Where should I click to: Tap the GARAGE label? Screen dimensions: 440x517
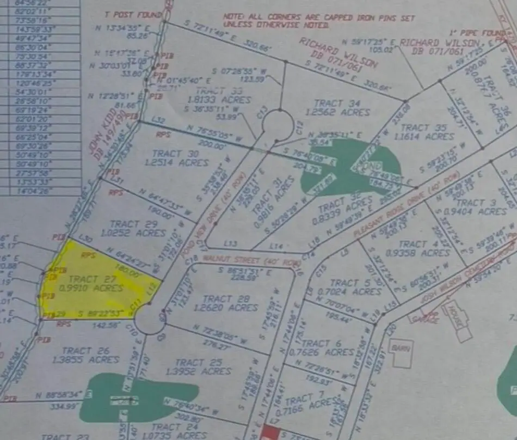pyautogui.click(x=426, y=320)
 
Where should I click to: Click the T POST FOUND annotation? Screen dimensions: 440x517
pyautogui.click(x=133, y=14)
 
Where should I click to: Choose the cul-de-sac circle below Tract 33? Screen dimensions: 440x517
pyautogui.click(x=278, y=125)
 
